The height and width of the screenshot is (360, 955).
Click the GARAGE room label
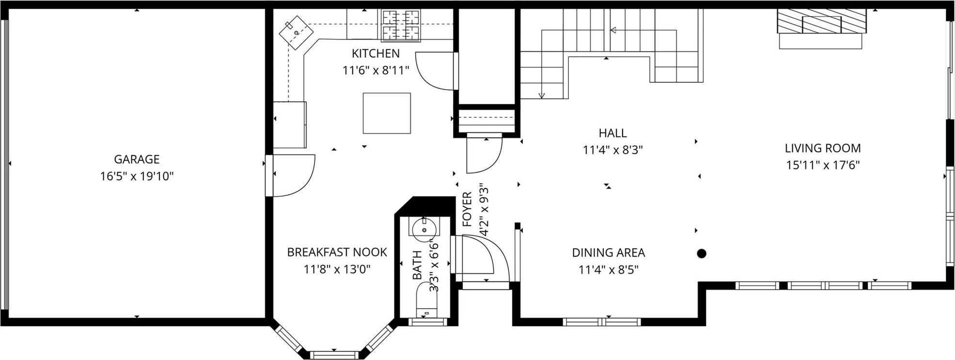coord(137,159)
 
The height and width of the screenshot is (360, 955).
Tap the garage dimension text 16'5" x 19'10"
coord(137,176)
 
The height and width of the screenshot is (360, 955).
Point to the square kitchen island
coord(387,113)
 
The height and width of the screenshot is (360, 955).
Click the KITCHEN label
coord(376,53)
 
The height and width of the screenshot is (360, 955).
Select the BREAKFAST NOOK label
coord(337,252)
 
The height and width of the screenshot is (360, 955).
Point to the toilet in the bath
coord(426,303)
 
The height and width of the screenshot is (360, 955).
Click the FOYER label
coord(467,209)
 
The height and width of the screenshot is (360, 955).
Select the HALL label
coord(612,133)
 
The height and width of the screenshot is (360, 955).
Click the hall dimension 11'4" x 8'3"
coord(612,150)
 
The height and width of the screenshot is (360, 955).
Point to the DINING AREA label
coord(608,253)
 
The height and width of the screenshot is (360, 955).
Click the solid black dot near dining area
coord(701,253)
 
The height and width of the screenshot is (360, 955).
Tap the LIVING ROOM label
coord(823,148)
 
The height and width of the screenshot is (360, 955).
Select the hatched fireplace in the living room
coord(821,21)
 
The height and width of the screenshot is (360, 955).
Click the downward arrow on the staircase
coord(542,94)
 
